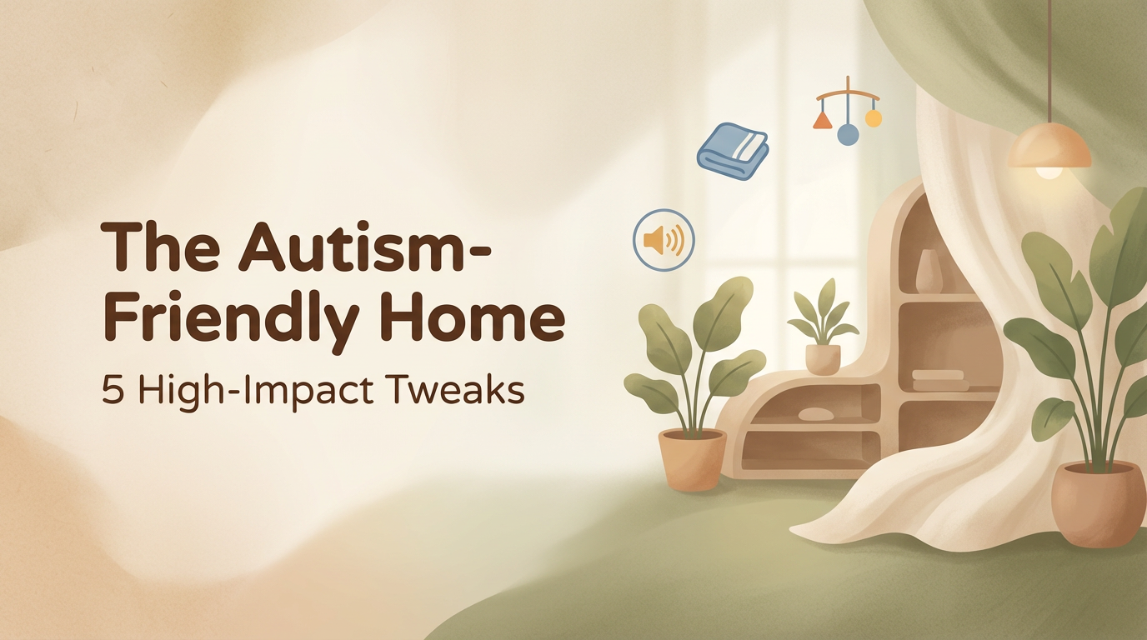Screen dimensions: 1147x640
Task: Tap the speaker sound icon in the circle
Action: pyautogui.click(x=664, y=240)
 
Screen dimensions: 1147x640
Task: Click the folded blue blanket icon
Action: pyautogui.click(x=733, y=151)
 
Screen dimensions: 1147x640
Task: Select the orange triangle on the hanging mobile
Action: pyautogui.click(x=823, y=121)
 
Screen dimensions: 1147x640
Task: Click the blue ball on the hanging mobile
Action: pyautogui.click(x=848, y=134)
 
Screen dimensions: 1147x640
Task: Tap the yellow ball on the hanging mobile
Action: pyautogui.click(x=874, y=118)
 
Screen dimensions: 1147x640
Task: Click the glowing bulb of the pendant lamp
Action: pyautogui.click(x=1049, y=172)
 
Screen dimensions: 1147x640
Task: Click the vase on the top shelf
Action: pyautogui.click(x=929, y=272)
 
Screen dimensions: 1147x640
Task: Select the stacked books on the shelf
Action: pyautogui.click(x=940, y=380)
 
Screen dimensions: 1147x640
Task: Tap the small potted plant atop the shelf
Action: pyautogui.click(x=823, y=327)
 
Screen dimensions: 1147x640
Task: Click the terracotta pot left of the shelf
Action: pyautogui.click(x=693, y=459)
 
